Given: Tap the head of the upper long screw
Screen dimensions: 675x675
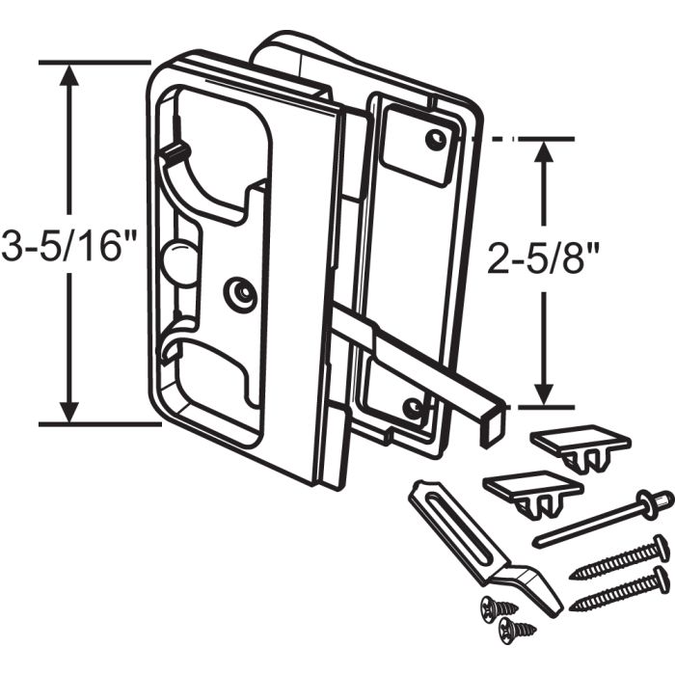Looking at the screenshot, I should click(x=660, y=547).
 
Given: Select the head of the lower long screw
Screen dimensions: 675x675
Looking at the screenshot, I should click(x=659, y=580).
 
